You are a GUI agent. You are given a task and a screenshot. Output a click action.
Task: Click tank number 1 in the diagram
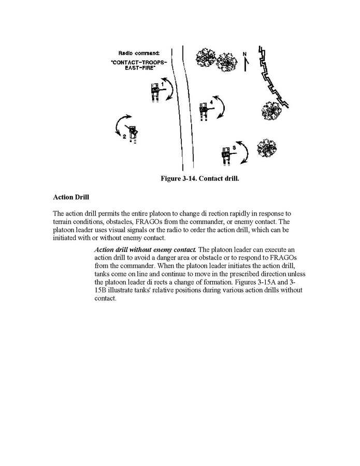(155, 92)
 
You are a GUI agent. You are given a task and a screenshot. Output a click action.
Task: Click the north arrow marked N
(246, 61)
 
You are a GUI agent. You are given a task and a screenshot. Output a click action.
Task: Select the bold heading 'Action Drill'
(71, 197)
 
